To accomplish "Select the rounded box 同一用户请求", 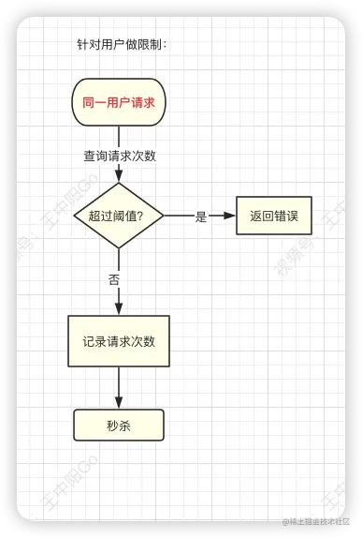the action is point(119,102).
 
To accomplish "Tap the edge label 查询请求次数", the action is point(120,156).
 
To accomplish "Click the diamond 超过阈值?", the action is point(119,216).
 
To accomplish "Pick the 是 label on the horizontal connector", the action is point(201,217).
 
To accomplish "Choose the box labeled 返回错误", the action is point(274,216).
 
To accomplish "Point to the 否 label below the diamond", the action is point(114,279).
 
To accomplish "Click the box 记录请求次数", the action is point(119,341).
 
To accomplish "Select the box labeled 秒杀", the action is point(119,426).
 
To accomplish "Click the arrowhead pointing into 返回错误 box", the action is point(229,216).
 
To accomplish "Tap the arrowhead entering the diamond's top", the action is point(119,176).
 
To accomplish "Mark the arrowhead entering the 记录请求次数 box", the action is point(119,308).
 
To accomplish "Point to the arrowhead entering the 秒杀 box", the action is point(119,402).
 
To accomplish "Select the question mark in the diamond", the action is point(139,216).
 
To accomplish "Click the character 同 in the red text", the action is point(88,102).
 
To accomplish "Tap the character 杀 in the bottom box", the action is point(124,426).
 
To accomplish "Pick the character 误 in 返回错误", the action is point(292,216).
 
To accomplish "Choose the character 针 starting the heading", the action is point(82,44).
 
